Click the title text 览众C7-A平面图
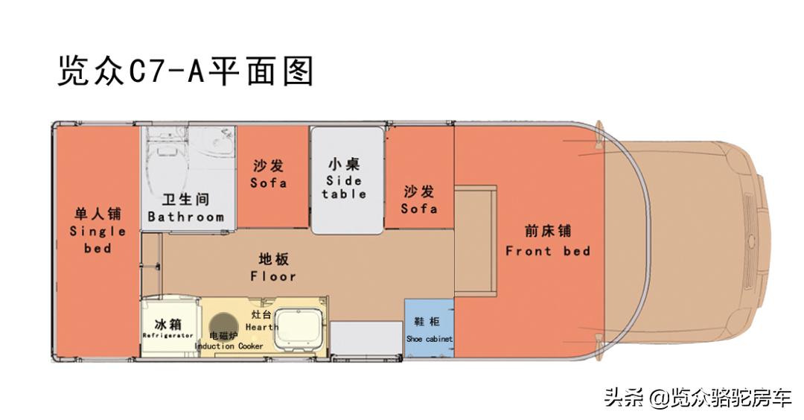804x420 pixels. coord(185,72)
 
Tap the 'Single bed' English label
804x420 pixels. coord(98,239)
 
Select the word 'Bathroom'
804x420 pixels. coord(185,217)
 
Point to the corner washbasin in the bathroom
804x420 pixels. coord(222,139)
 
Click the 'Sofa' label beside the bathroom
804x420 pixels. coord(268,182)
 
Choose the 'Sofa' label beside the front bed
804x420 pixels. coord(418,209)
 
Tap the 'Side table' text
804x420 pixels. coord(344,187)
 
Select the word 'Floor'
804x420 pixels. coord(273,276)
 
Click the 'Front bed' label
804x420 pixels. coord(547,251)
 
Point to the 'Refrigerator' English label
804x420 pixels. coord(167,337)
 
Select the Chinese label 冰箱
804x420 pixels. coord(167,325)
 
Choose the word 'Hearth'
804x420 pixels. coord(262,327)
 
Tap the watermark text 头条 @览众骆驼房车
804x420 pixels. coord(697,397)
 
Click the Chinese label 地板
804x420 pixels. coord(273,259)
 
